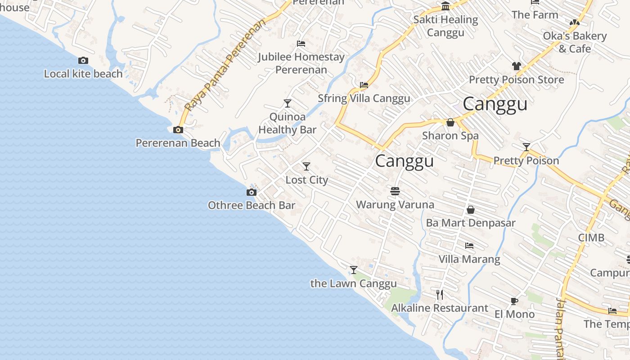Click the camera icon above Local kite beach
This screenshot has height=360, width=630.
(83, 60)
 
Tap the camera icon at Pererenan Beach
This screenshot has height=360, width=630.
(178, 130)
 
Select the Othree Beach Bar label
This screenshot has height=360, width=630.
(252, 206)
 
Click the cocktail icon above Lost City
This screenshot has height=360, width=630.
(306, 166)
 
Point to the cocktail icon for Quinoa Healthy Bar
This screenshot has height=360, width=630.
(288, 103)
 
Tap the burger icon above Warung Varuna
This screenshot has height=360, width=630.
(395, 192)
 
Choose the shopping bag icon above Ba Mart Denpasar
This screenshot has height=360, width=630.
(471, 210)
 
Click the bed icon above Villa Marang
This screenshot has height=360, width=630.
(469, 246)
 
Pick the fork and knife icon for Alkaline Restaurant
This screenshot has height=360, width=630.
(440, 295)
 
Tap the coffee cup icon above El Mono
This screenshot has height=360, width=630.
(514, 301)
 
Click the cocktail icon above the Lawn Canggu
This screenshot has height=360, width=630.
(354, 270)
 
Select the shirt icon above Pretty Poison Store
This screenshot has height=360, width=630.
(516, 66)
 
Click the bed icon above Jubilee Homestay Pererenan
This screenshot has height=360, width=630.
(301, 44)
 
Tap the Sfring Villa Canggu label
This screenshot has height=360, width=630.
(364, 98)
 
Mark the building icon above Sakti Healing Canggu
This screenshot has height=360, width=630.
(445, 6)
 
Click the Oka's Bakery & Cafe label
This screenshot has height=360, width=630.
(575, 42)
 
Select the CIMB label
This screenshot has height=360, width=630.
(591, 238)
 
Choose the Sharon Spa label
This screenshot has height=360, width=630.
(450, 135)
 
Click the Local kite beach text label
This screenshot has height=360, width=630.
(83, 74)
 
